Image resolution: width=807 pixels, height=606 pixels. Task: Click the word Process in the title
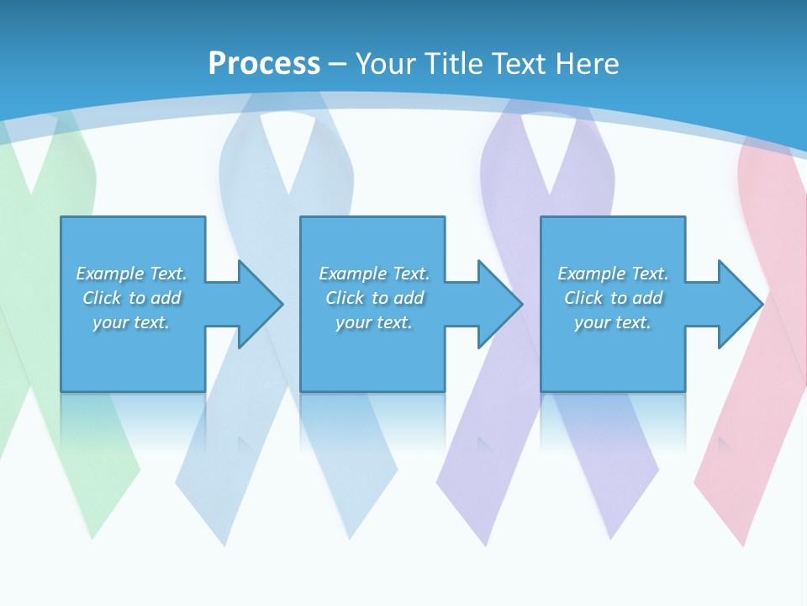point(264,64)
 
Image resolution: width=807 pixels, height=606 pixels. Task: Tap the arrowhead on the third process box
point(740,304)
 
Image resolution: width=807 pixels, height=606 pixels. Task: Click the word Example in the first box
point(110,274)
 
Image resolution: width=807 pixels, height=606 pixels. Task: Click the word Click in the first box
point(103,298)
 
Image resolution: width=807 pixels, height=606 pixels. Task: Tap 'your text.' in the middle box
point(374,322)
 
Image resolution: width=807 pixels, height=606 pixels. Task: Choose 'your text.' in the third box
point(613,322)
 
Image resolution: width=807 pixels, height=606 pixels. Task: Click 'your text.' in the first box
point(131,322)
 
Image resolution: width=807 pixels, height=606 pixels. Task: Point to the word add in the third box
point(647,298)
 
